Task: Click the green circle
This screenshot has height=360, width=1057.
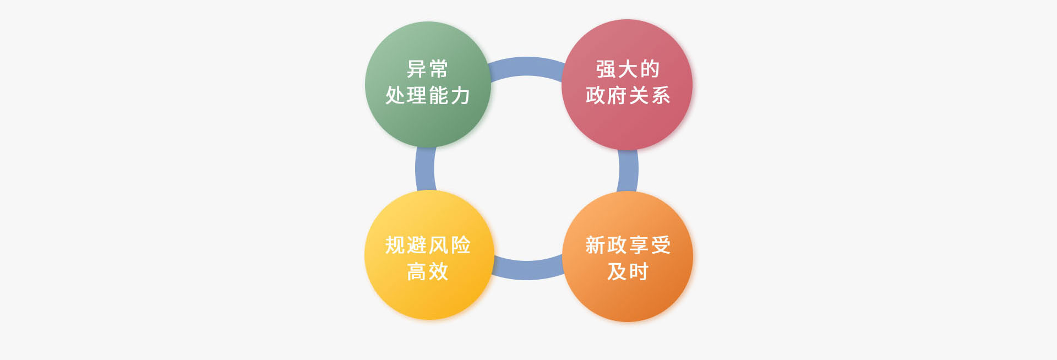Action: coord(428,84)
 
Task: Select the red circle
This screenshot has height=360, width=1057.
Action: coord(627,84)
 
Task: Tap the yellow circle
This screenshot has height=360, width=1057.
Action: coord(429,255)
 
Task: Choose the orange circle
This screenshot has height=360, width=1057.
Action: coord(628,257)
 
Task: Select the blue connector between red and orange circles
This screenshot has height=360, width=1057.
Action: coord(628,171)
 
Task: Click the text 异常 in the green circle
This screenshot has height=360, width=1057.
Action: coord(428,69)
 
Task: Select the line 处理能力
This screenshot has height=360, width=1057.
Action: coord(428,95)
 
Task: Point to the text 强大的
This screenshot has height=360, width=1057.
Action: coord(628,69)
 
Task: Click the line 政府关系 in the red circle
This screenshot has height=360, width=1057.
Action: coord(628,95)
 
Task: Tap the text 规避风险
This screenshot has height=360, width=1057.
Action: coord(428,245)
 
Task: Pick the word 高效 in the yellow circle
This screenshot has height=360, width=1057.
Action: coord(428,271)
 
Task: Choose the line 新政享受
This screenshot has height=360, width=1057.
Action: coord(628,245)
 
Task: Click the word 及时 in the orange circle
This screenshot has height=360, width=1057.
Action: coord(628,271)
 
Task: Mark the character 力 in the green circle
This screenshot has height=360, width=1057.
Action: coord(461,95)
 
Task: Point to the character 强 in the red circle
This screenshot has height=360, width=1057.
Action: coord(606,69)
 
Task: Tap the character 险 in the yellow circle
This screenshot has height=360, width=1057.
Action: coord(461,245)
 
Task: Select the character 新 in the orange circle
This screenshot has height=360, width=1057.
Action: coord(595,245)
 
